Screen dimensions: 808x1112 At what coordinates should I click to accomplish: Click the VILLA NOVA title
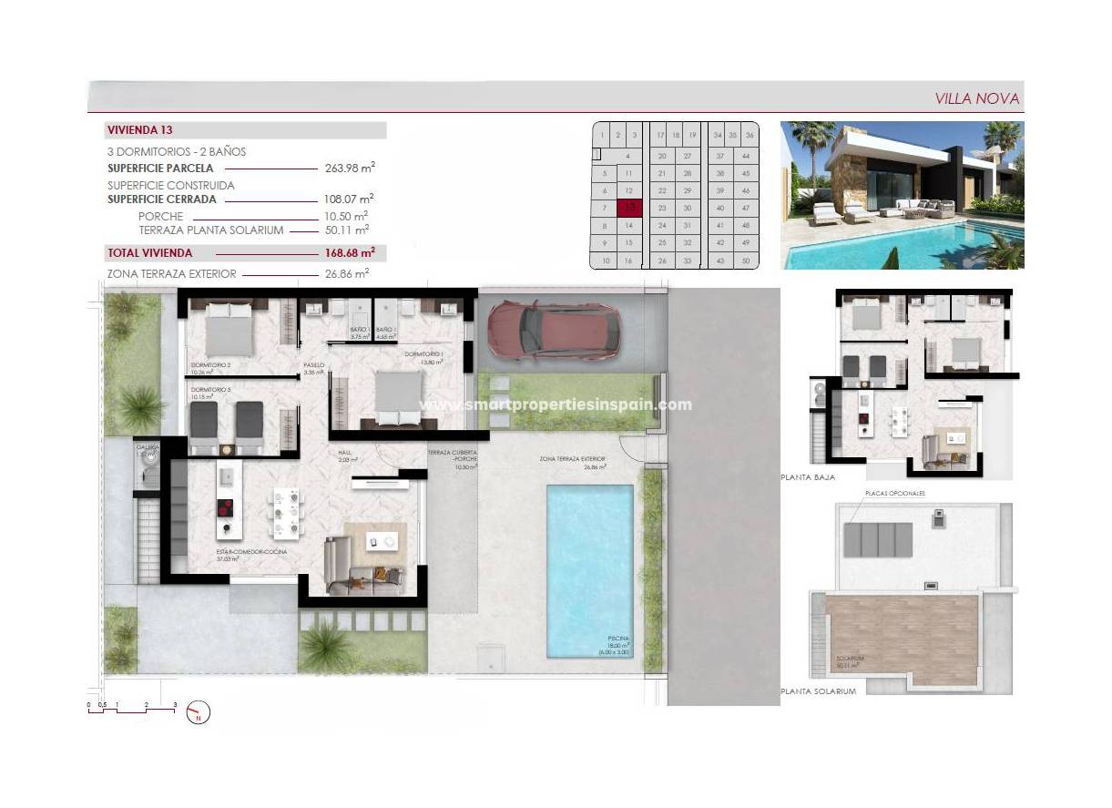pos(977,98)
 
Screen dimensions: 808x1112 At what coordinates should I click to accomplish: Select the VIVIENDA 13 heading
pos(140,130)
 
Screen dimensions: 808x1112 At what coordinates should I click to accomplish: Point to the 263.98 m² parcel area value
pos(350,168)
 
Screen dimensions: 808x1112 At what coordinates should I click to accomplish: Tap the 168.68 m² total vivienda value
pos(350,252)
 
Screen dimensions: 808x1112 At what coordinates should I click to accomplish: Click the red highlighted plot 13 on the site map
pos(628,209)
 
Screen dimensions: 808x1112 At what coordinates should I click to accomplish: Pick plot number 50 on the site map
pos(746,261)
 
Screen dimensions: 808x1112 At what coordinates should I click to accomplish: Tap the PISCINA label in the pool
pos(619,639)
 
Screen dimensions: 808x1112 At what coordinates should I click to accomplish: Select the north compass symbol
pos(198,711)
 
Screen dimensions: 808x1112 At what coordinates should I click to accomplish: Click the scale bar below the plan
pos(132,709)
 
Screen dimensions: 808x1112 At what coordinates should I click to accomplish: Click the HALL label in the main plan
pos(345,453)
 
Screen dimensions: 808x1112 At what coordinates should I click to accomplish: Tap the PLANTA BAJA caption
pos(808,476)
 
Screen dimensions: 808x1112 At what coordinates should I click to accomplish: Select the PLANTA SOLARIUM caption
pos(819,692)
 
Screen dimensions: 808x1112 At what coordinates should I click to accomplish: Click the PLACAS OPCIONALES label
pos(895,493)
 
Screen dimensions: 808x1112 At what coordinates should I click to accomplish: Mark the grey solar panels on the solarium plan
pos(878,539)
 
